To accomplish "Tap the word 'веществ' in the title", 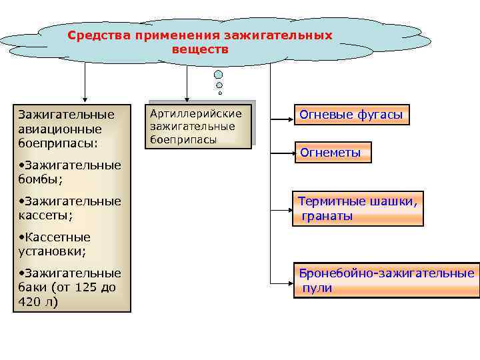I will [x=200, y=49].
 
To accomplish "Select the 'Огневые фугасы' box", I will [x=351, y=115].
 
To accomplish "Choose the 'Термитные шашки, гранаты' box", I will [x=357, y=209].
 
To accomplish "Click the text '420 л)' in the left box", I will [x=39, y=302].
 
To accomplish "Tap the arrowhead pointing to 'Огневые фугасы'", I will [x=289, y=121].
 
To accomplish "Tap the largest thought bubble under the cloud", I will [x=218, y=74].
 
